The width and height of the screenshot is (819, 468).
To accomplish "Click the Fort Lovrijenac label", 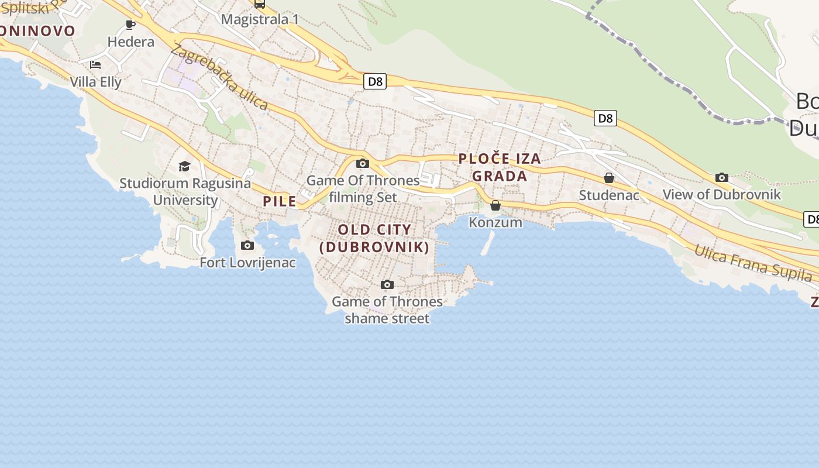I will click(x=247, y=263).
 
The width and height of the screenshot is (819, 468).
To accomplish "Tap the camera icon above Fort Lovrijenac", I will click(x=247, y=245).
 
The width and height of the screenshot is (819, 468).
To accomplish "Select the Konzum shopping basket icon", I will click(x=495, y=205).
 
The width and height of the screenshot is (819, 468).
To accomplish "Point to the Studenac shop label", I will click(x=609, y=195).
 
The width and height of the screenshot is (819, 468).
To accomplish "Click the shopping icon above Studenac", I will click(x=609, y=178).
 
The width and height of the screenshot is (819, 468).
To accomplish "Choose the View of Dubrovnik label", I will click(x=721, y=194).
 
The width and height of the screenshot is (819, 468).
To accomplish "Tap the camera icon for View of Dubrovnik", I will click(x=722, y=177).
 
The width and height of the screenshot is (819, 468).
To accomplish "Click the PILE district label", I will click(x=280, y=201).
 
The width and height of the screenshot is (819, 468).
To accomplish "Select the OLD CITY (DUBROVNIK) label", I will click(x=374, y=238).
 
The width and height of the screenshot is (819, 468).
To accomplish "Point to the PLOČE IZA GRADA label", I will click(x=500, y=167).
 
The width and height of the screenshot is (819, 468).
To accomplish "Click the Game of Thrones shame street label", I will click(x=387, y=309).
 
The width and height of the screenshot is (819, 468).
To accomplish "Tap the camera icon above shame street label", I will click(x=387, y=285).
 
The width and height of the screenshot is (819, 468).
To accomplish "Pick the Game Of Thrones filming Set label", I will click(x=363, y=188).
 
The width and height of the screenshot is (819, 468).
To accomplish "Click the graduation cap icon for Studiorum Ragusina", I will click(x=185, y=166).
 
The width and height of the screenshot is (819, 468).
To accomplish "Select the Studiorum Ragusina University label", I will click(x=185, y=191).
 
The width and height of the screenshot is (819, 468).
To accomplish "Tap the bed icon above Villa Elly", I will click(x=95, y=64).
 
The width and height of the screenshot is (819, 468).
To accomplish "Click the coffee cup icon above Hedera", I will click(x=130, y=25).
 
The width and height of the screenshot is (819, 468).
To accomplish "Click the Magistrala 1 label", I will click(x=260, y=19).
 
